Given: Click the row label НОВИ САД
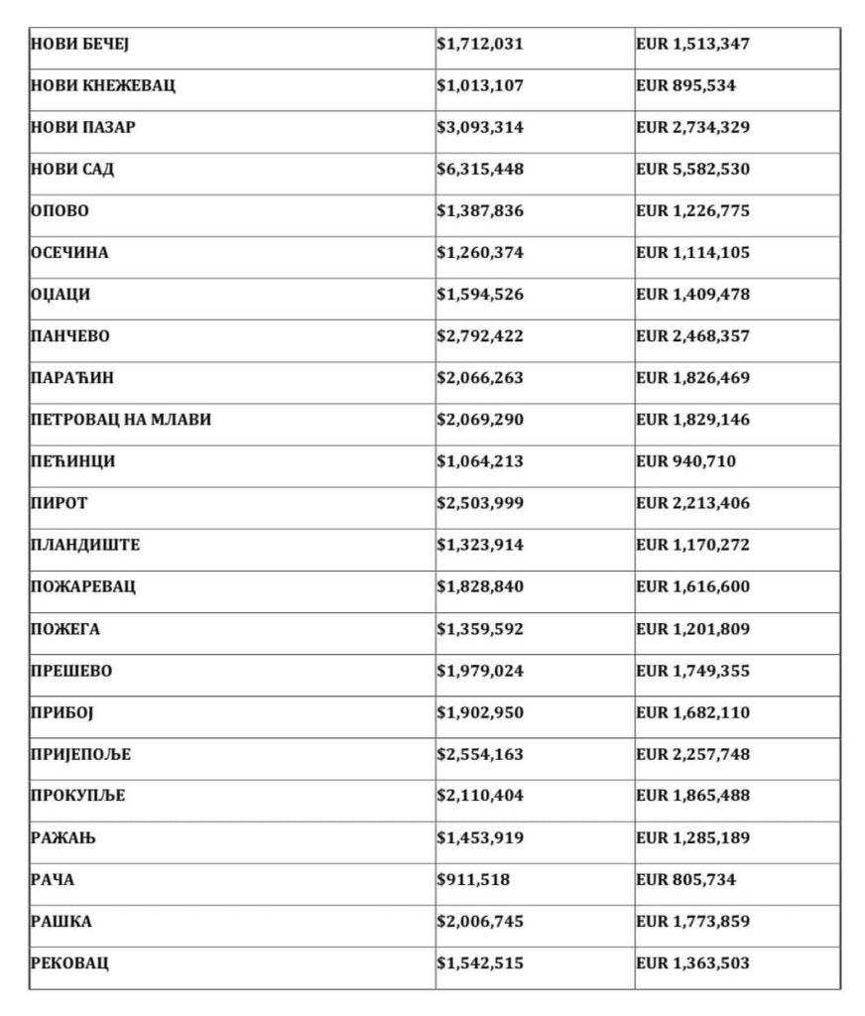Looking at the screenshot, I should click(72, 170).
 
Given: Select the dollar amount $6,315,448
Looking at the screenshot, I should click(480, 170).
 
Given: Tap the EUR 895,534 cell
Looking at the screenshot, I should click(685, 86).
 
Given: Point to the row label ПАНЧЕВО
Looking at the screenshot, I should click(70, 336).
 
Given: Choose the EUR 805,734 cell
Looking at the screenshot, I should click(685, 880).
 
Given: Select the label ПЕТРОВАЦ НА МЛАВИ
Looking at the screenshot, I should click(121, 420).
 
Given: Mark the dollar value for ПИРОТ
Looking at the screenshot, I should click(480, 503).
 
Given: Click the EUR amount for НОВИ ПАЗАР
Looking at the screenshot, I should click(692, 128).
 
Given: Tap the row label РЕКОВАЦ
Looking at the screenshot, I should click(69, 963).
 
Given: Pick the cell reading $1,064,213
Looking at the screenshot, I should click(480, 461).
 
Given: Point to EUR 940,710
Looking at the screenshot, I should click(685, 461).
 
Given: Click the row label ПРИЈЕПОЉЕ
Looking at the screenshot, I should click(80, 755).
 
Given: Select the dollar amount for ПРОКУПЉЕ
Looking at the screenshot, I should click(480, 797).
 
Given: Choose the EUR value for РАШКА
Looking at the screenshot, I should click(692, 922).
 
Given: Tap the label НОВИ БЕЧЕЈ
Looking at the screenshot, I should click(80, 45).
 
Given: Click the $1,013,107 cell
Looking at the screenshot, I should click(480, 86).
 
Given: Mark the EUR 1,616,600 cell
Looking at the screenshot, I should click(692, 586).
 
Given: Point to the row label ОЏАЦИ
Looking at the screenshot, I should click(61, 295).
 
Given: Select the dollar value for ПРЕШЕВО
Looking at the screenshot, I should click(480, 671).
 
